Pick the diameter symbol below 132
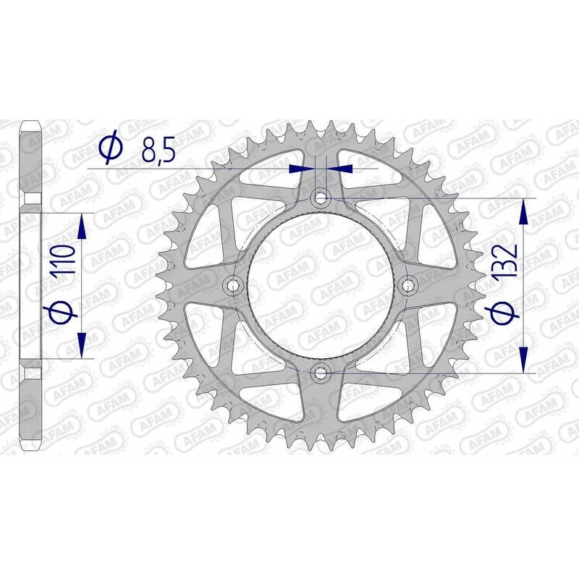pyautogui.click(x=507, y=313)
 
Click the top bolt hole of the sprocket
pyautogui.click(x=321, y=197)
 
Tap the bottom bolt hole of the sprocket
pyautogui.click(x=321, y=373)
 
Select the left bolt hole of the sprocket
pyautogui.click(x=233, y=286)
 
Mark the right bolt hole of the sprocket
pyautogui.click(x=409, y=286)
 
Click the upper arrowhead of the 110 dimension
pyautogui.click(x=82, y=227)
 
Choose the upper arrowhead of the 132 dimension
pyautogui.click(x=523, y=212)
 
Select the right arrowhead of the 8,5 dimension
pyautogui.click(x=342, y=169)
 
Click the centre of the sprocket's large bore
pyautogui.click(x=321, y=285)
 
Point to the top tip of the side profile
pyautogui.click(x=30, y=123)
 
